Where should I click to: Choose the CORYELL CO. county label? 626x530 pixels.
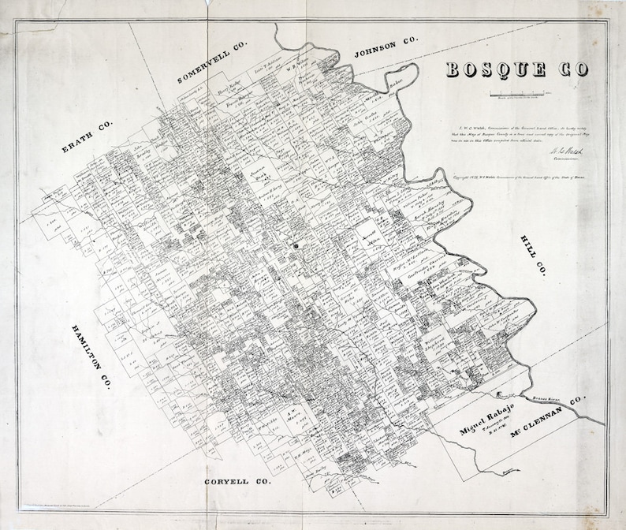237,480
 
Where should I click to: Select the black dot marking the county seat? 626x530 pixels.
297,245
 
